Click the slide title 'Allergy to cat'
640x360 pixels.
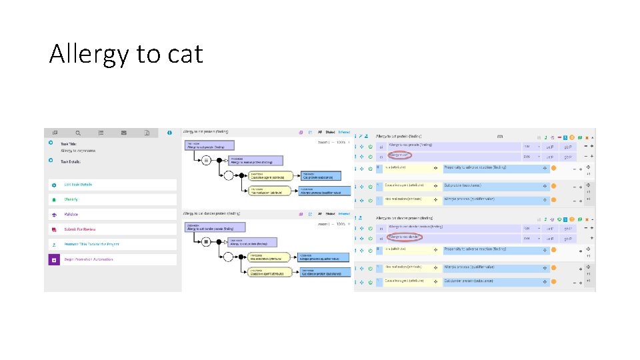tap(125, 53)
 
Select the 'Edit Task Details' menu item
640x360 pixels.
tap(78, 185)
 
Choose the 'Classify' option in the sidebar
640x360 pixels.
tap(71, 199)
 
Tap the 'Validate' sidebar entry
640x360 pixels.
tap(71, 214)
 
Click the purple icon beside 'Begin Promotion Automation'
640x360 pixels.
tap(54, 259)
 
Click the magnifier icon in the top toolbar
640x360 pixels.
tap(78, 133)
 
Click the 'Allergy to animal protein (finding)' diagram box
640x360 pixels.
tap(256, 161)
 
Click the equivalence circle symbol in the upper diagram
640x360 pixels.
tap(206, 161)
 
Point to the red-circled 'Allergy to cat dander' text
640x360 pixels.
tap(405, 237)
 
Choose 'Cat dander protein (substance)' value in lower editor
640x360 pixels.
tap(470, 281)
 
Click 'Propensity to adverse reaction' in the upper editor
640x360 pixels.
tap(475, 168)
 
